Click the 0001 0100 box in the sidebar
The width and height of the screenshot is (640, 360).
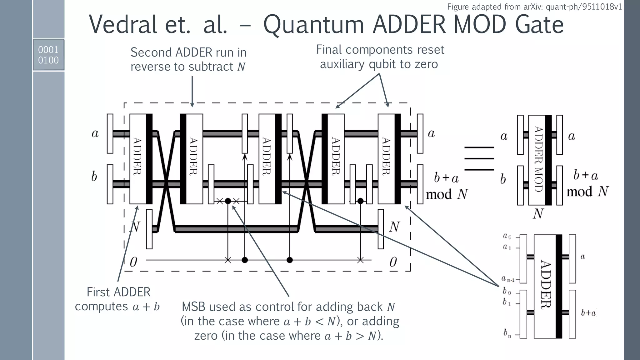click(x=48, y=55)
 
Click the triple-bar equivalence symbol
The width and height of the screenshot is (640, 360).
click(x=479, y=158)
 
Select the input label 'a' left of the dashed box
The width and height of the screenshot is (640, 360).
click(x=95, y=133)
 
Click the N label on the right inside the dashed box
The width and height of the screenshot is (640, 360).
click(x=394, y=227)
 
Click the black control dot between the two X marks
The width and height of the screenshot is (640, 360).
click(x=228, y=201)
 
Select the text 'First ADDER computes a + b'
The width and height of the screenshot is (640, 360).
click(x=118, y=299)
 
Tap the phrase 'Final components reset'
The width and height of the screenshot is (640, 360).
click(x=380, y=50)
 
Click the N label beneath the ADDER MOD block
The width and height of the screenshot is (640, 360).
click(x=538, y=214)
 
